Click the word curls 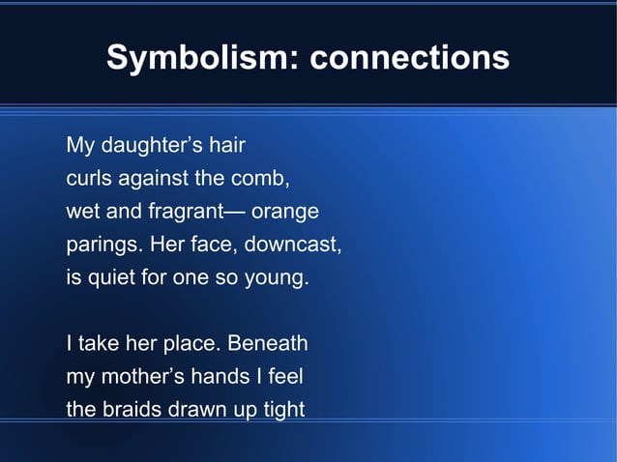click(88, 180)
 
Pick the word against click(153, 180)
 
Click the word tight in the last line click(281, 410)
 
